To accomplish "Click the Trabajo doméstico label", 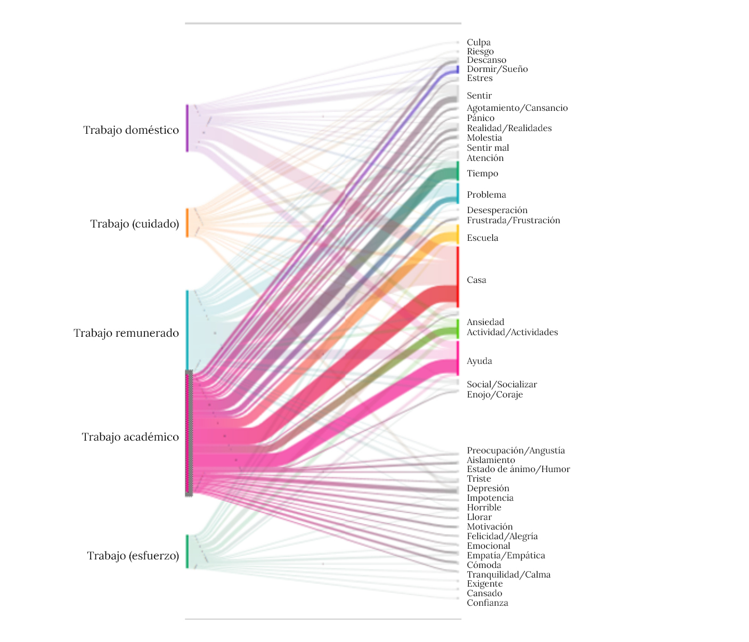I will click(131, 130).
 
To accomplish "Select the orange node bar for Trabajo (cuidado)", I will click(187, 223).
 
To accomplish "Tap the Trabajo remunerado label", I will click(126, 333).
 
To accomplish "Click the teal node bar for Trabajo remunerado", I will click(187, 330).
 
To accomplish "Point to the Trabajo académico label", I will click(131, 437).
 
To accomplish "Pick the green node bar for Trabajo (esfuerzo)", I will click(187, 551).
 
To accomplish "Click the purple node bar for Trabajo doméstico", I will click(187, 128).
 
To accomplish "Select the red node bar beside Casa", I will click(458, 277).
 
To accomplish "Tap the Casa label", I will click(476, 280).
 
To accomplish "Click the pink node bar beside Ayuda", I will click(458, 358).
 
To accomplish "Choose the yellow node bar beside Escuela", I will click(458, 234).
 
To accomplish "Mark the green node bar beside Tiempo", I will click(458, 171).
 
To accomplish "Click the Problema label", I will click(486, 194).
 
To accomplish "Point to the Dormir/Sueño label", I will click(497, 69).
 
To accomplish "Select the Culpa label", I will click(478, 42).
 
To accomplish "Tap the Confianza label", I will click(487, 603).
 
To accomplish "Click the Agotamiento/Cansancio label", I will click(517, 108).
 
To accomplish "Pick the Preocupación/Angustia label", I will click(516, 450).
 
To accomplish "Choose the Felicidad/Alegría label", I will click(502, 536).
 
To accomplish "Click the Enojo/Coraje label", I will click(494, 394).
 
